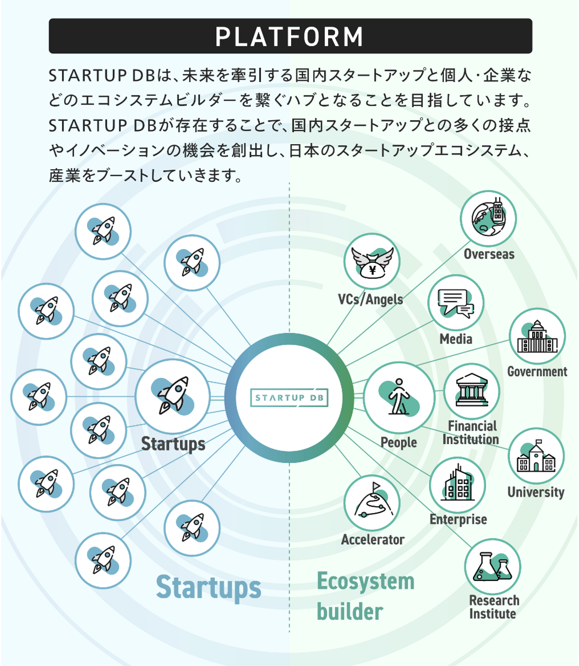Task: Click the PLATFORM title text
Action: click(289, 37)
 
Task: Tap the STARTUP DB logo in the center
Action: click(289, 398)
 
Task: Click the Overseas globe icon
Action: click(489, 219)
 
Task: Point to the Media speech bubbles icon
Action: click(456, 303)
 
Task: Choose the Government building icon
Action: click(537, 337)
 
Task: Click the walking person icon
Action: click(399, 397)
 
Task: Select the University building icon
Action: click(536, 456)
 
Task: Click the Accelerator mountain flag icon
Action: click(372, 503)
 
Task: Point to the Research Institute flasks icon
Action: click(493, 567)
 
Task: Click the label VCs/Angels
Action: click(370, 299)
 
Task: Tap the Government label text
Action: click(537, 371)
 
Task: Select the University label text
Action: click(536, 492)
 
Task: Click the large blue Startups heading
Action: click(209, 588)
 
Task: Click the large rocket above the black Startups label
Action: click(173, 396)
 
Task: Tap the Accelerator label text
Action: click(373, 539)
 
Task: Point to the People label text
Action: click(398, 442)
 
